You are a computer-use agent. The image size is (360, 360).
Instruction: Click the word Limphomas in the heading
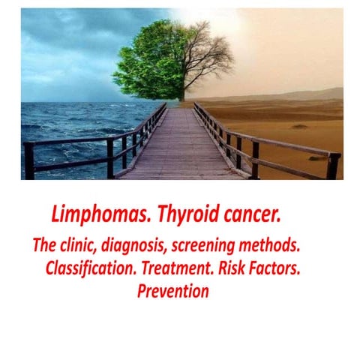coord(91,215)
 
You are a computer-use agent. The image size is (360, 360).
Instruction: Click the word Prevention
coord(172,291)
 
